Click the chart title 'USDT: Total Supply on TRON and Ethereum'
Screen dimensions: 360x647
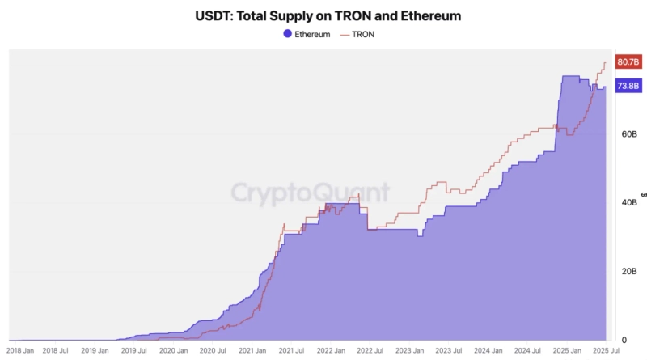pos(323,15)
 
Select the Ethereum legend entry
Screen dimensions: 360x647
pos(307,34)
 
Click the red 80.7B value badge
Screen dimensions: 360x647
pos(628,61)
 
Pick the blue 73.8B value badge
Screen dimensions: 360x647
pos(628,86)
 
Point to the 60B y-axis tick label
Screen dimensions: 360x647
pos(628,133)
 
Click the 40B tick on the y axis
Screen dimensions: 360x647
pos(628,202)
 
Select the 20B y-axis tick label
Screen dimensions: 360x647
pos(628,271)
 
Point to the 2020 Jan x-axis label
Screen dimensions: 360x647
pos(174,351)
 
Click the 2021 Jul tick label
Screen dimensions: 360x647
pos(291,351)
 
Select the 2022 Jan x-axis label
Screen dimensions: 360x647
pos(331,351)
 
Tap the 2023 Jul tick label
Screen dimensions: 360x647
pos(448,351)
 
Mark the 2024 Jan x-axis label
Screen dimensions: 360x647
pos(488,351)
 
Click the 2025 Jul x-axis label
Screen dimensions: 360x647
pos(605,351)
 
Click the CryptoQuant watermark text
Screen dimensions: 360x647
pos(311,193)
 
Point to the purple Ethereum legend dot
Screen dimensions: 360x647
pos(288,34)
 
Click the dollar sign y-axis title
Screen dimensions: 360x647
pos(643,194)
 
